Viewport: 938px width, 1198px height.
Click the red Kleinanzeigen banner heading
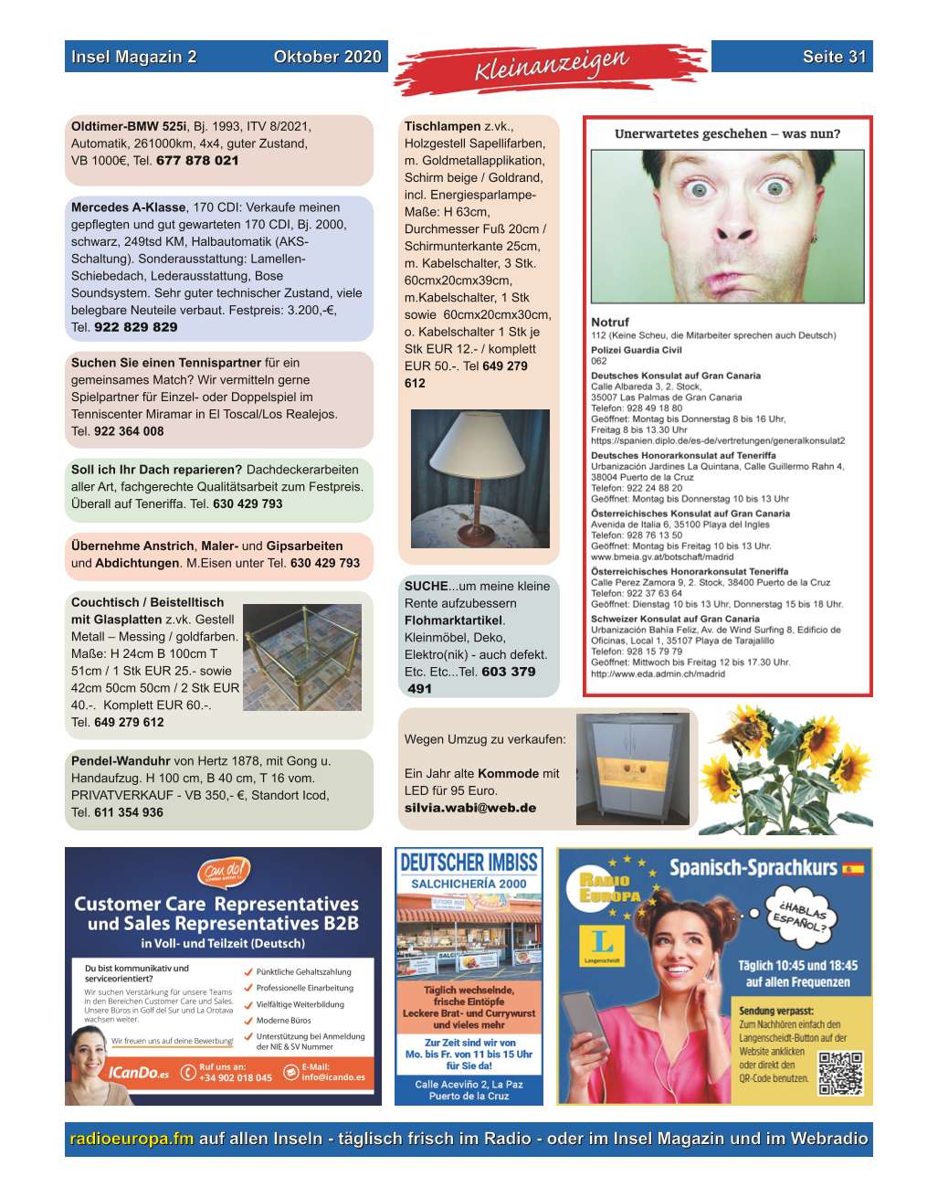[551, 67]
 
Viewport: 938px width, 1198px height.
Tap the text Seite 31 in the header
[834, 57]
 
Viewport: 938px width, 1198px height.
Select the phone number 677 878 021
[197, 161]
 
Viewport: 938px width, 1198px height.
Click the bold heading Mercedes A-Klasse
[128, 207]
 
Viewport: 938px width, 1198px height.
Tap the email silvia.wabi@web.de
[470, 808]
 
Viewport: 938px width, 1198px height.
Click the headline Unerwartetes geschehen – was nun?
[727, 133]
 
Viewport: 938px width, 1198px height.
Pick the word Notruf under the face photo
[610, 322]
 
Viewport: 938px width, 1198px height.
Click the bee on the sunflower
[749, 729]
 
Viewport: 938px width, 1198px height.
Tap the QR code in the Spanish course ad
[839, 1073]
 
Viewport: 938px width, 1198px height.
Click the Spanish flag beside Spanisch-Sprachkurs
[853, 868]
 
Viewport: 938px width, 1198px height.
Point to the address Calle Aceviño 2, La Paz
[469, 1085]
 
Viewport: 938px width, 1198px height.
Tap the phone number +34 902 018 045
[235, 1077]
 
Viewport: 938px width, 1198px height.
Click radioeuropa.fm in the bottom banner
[132, 1139]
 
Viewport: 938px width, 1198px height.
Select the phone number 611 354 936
[129, 812]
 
